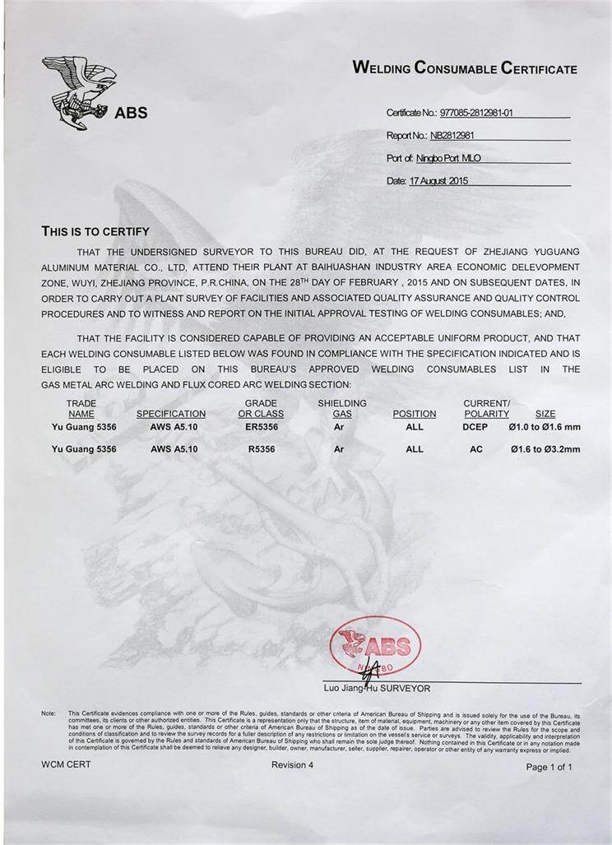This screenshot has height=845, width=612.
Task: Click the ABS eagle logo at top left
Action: [x=80, y=91]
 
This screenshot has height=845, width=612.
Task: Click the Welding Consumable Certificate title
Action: [x=465, y=68]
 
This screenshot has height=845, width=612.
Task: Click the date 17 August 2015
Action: [x=438, y=180]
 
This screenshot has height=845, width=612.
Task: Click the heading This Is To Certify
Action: [x=95, y=231]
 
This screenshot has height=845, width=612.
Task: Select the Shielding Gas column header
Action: [x=342, y=408]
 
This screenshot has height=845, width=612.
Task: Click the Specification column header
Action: [x=171, y=414]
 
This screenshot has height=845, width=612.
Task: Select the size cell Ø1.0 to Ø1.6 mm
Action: [x=545, y=427]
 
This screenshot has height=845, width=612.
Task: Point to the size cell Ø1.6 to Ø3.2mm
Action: [x=545, y=449]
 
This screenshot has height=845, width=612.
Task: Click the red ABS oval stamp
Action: [x=375, y=647]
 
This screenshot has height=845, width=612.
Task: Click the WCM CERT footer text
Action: [x=66, y=764]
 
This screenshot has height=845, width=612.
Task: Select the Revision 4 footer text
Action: [x=292, y=764]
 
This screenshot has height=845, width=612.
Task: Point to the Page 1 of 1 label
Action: [x=549, y=766]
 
